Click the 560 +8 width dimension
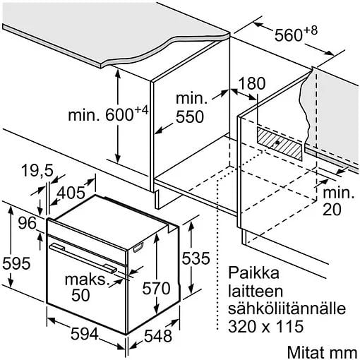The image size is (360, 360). pos(296,34)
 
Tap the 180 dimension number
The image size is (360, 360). pos(252,83)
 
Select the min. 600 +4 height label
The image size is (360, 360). pos(108,114)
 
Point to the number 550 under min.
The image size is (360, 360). pos(190,116)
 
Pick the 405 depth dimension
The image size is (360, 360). pos(71,193)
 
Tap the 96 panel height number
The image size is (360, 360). pos(28,223)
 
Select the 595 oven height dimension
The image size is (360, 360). pos(16,263)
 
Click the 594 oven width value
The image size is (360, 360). pos(84,334)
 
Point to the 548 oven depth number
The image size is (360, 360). pos(158,336)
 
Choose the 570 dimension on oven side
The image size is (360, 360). pos(156,288)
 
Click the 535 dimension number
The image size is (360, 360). pos(196,258)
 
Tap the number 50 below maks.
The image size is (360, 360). pos(80,295)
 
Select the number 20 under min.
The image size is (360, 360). pos(332,209)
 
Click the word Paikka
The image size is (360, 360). pos(253,272)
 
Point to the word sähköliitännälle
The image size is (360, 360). pos(287,308)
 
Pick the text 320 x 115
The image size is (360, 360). pos(266,326)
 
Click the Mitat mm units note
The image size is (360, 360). pos(322,353)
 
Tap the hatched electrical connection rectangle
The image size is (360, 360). pos(280,143)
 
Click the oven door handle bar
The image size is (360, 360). pos(83,258)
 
